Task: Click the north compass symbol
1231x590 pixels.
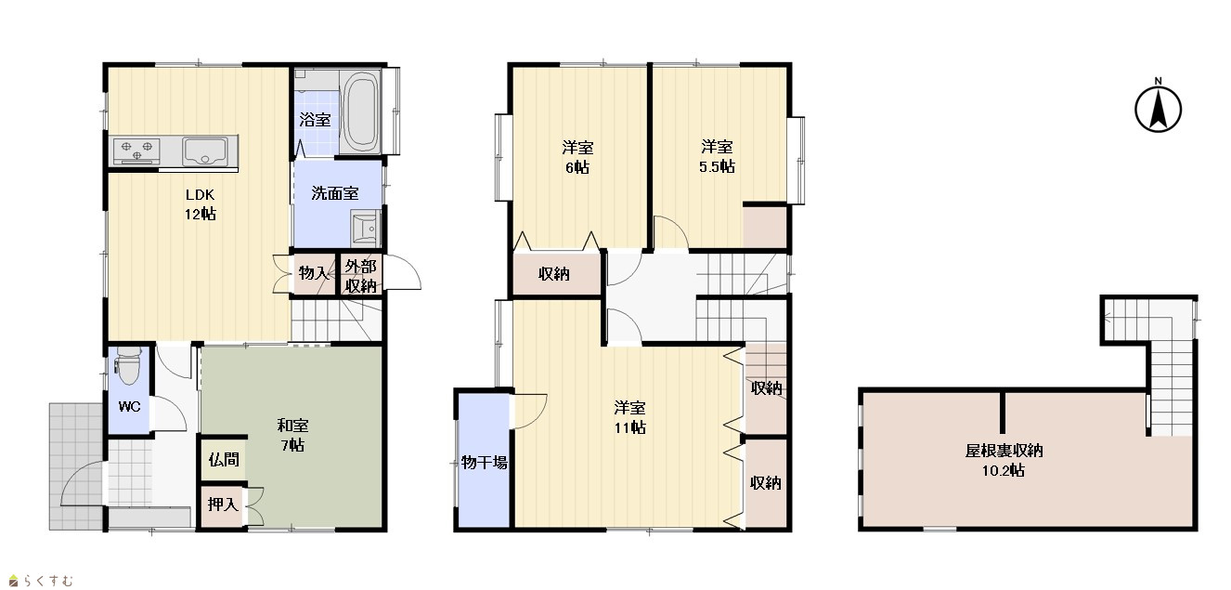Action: [1158, 107]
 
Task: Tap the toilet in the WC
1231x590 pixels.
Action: [127, 366]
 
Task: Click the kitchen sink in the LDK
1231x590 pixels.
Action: [205, 151]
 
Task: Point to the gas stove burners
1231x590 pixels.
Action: [136, 151]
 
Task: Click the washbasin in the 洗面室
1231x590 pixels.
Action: [365, 229]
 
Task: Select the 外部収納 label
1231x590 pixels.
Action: [360, 276]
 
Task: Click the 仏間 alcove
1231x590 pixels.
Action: [223, 459]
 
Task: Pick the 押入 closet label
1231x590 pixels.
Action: [223, 504]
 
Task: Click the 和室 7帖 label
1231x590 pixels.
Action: [292, 435]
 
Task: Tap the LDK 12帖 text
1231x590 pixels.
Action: [200, 204]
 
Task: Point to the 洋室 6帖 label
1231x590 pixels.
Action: [577, 157]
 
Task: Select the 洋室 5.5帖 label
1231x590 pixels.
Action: [717, 157]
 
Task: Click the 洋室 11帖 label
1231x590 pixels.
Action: [629, 417]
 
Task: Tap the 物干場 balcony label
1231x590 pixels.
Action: [484, 463]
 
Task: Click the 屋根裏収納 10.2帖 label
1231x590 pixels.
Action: [1004, 461]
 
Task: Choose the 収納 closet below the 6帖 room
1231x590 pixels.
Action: [557, 274]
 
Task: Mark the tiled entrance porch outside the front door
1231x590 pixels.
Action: [76, 466]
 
